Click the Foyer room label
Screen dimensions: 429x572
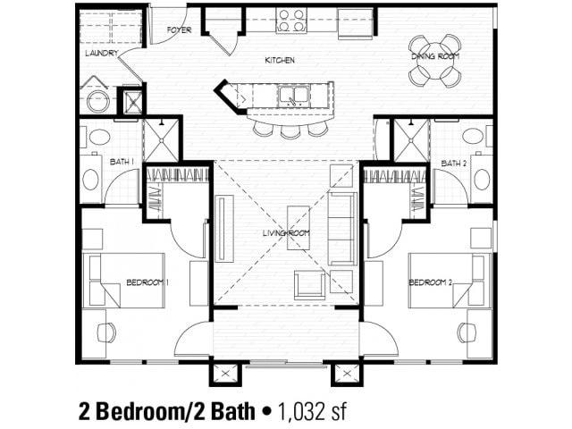[180, 29]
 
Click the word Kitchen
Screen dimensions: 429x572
[280, 61]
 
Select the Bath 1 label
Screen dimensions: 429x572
[122, 162]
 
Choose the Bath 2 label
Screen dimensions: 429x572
[454, 163]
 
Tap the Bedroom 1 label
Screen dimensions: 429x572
[147, 283]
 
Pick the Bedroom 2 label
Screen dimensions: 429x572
[430, 283]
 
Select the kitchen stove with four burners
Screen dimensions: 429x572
[291, 20]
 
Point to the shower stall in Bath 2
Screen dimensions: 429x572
[411, 139]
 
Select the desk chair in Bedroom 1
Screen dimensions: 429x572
[106, 332]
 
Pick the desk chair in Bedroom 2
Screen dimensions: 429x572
[467, 332]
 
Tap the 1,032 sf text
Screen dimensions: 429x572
[312, 411]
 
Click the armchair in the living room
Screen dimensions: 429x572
[310, 284]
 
